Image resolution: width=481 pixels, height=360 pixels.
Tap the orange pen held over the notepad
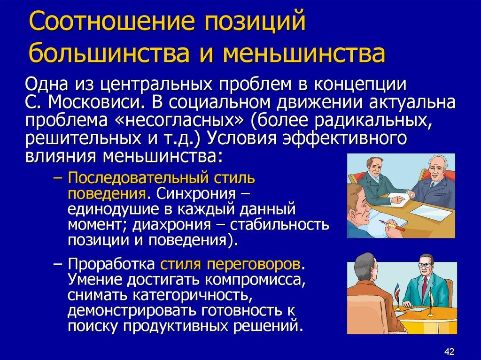pyautogui.click(x=394, y=227)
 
